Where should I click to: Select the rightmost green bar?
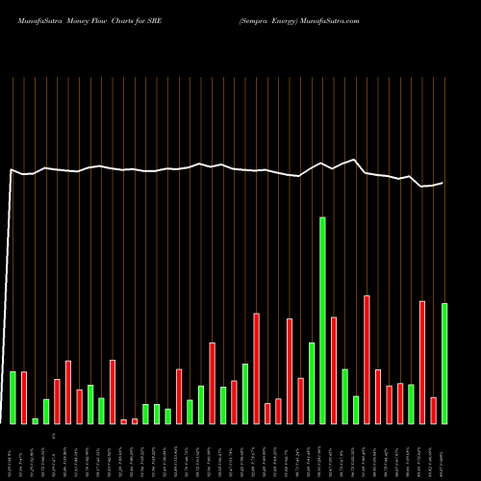point(443,364)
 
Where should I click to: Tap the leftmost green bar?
point(13,397)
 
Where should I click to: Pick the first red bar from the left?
point(24,397)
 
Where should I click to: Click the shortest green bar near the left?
point(36,420)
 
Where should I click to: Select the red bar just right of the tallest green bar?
point(334,370)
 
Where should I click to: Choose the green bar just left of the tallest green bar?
point(312,383)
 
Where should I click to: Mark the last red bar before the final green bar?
point(433,410)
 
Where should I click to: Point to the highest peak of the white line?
point(355,160)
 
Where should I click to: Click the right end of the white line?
point(443,183)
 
